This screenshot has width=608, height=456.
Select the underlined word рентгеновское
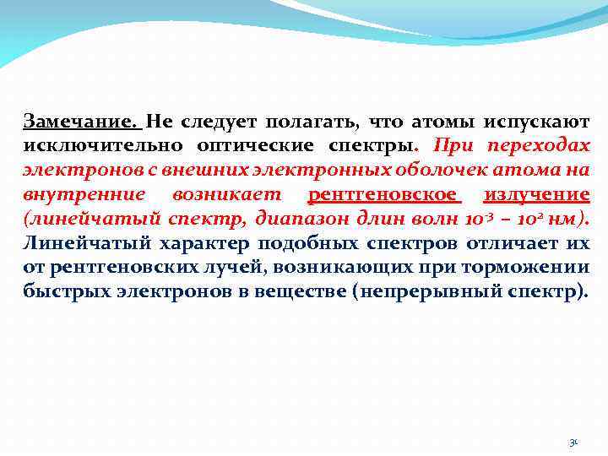click(385, 195)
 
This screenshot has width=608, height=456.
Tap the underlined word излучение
click(537, 195)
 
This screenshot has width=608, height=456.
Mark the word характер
click(182, 244)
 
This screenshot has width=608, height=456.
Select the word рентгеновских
click(122, 269)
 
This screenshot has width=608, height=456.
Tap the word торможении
click(531, 269)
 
